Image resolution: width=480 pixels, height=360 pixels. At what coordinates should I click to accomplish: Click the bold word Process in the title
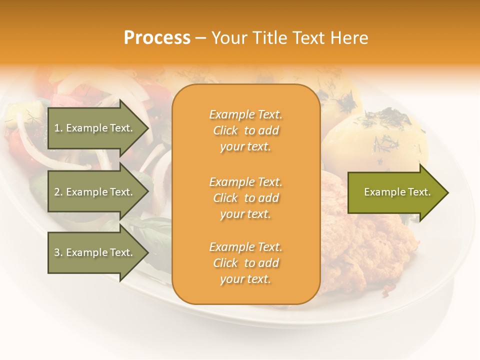coord(157,38)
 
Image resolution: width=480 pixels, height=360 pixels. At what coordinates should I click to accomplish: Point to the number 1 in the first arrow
coord(57,128)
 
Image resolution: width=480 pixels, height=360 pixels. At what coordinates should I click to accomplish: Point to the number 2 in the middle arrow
coord(57,192)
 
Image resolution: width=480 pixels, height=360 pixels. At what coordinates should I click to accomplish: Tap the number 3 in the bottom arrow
coord(57,252)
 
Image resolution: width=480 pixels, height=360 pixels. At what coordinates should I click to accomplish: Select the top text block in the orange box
coord(245,130)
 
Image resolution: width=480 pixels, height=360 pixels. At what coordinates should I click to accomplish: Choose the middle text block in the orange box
coord(245,198)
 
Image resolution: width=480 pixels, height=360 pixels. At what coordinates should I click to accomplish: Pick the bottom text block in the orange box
coord(245,263)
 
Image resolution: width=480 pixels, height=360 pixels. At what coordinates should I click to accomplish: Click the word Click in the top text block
coord(225,130)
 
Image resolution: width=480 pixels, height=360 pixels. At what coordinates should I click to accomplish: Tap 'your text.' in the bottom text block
coord(245,279)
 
